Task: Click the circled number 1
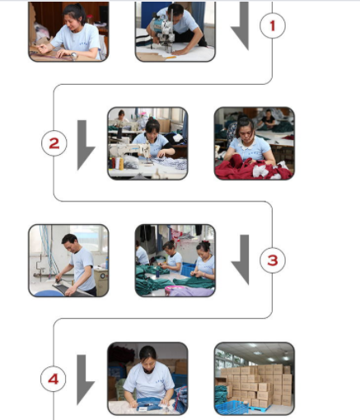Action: (273, 26)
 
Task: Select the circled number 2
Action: (54, 143)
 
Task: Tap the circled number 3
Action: (273, 260)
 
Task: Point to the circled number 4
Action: (54, 379)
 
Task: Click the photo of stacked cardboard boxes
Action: (255, 379)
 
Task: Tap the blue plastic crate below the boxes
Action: (232, 407)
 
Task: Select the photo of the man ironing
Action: (68, 260)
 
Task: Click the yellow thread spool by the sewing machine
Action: (121, 164)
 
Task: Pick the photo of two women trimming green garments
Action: (175, 260)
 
